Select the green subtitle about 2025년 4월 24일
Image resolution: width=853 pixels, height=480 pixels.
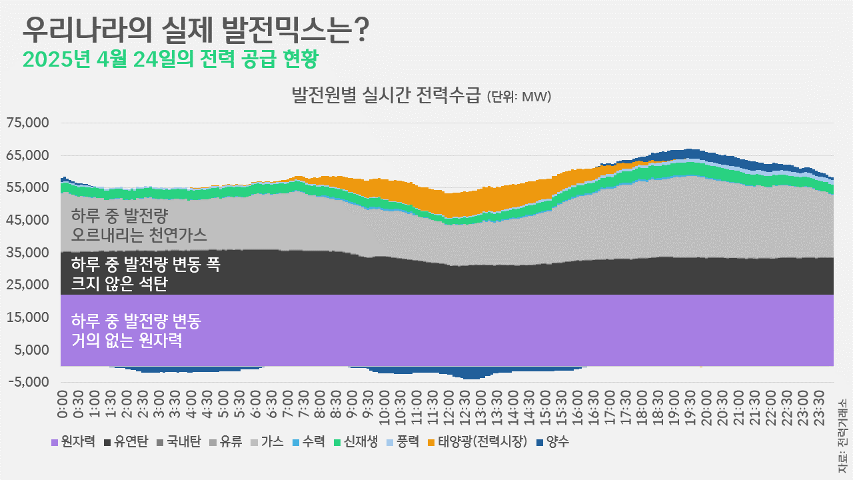coord(170,59)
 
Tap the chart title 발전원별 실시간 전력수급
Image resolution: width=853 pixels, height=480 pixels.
coord(386,96)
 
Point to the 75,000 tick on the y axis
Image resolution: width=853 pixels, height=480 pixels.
coord(28,123)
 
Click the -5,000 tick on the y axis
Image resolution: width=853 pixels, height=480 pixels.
coord(28,382)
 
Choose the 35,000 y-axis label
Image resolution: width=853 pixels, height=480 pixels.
coord(28,253)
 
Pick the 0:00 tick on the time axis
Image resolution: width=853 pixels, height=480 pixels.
coord(64,404)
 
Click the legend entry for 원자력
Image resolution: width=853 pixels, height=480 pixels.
coord(73,441)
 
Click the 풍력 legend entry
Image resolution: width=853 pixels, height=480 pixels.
coord(405,441)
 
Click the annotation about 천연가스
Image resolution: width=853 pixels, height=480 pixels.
coord(139,225)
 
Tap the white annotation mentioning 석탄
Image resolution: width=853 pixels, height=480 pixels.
coord(145,274)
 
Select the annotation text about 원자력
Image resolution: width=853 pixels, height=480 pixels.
coord(136,331)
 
